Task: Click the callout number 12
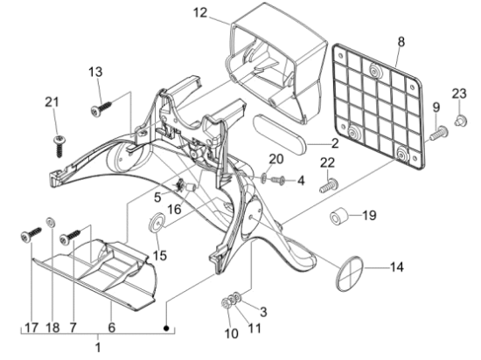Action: coord(200,13)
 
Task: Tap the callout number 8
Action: coord(401,42)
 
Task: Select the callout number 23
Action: coord(459,93)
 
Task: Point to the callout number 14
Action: coord(396,267)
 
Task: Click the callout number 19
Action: coord(369,215)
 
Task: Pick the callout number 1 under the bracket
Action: coord(98,348)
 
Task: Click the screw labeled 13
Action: coord(101,108)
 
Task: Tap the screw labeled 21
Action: coord(59,146)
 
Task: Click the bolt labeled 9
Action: coord(439,133)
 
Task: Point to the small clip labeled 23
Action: coord(460,121)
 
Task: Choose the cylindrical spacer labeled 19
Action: coord(339,216)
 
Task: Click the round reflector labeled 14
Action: coord(350,273)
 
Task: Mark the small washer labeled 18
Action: coord(51,222)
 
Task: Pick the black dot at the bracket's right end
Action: coord(166,329)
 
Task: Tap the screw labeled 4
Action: coord(279,180)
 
